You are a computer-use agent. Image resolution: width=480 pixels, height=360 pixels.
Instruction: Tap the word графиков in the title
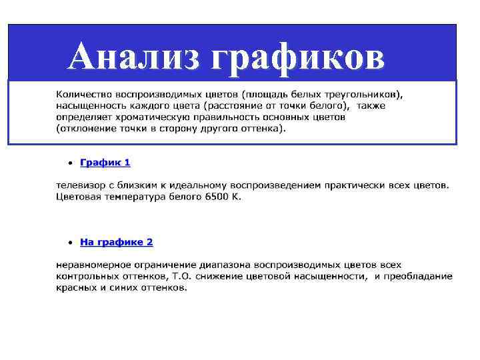297,57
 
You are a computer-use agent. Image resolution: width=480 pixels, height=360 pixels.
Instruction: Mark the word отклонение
87,129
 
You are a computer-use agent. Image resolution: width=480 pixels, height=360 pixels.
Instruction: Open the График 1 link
105,162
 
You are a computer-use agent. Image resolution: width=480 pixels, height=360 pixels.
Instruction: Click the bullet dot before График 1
69,163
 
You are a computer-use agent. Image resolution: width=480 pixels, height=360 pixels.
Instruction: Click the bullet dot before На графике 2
69,242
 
